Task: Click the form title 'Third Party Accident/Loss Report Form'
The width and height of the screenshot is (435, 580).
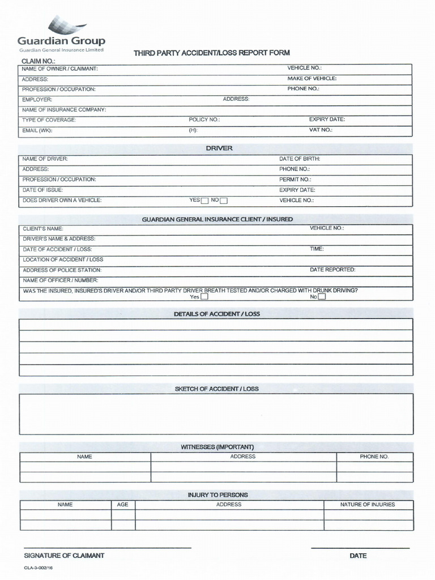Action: pos(211,53)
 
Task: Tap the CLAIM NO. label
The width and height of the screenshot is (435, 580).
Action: pos(38,61)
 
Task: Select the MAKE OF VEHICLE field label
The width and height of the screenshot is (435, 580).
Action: pos(312,79)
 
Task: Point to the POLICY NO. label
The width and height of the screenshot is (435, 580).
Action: pos(204,120)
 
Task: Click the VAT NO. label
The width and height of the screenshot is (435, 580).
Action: pos(321,130)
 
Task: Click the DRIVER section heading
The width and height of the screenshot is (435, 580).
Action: pos(219,148)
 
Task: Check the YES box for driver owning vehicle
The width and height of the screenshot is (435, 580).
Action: pos(205,201)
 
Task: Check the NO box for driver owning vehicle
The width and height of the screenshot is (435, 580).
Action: pos(224,201)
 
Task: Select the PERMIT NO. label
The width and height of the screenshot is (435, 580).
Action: pos(295,180)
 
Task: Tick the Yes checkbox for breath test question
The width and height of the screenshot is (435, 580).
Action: pos(204,296)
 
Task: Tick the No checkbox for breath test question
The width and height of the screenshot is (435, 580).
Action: pos(322,296)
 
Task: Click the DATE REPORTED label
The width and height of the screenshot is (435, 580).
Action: pos(332,270)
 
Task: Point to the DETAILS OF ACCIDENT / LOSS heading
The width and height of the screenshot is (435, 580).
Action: pos(217,314)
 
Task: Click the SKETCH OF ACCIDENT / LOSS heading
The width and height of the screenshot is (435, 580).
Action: pos(217,389)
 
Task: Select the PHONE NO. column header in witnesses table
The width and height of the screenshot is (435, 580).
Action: pos(374,457)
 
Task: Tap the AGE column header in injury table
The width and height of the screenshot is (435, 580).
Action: pos(123,505)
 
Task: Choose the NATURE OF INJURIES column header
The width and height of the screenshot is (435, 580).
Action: pos(368,505)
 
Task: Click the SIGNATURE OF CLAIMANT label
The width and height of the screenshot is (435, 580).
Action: pos(63,556)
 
